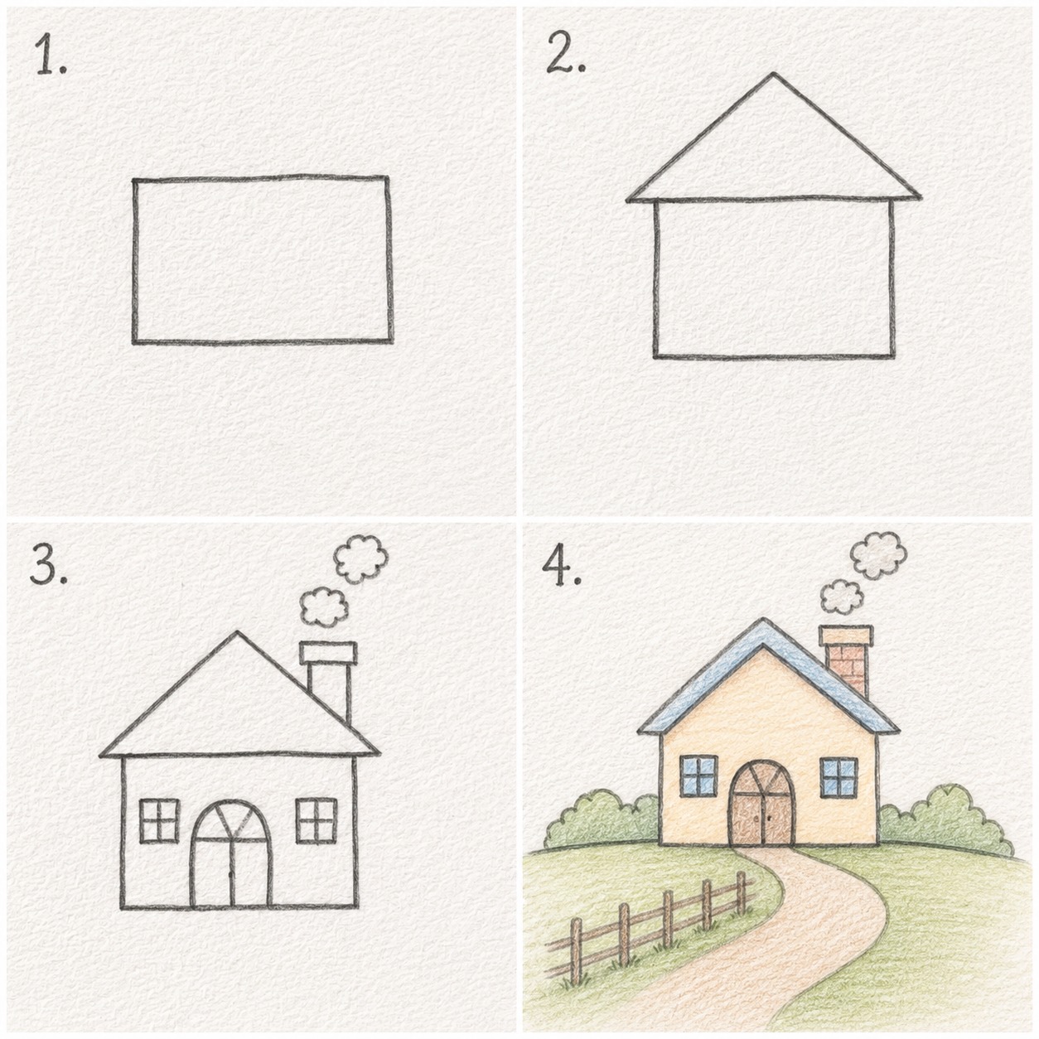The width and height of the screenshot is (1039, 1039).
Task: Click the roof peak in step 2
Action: coord(774,74)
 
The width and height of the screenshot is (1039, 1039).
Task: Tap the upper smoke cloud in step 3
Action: coord(361,559)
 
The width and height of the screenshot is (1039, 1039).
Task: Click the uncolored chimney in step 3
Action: coord(328,680)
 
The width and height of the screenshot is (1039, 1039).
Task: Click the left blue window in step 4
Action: coord(699,776)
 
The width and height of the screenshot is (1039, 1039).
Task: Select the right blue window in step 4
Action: coord(839,778)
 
